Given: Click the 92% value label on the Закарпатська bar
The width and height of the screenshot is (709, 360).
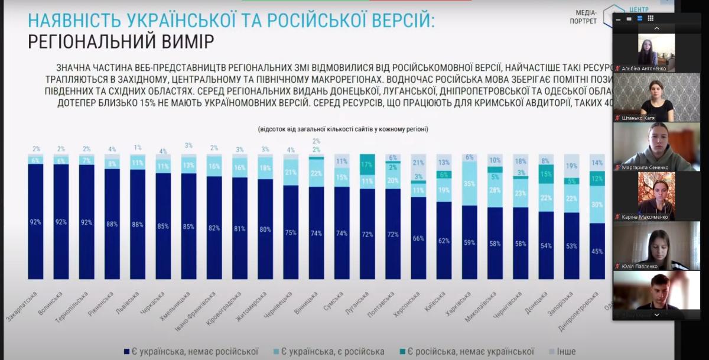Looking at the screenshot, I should click(x=36, y=222).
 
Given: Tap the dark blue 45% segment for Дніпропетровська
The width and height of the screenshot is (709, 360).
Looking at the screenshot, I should click(x=597, y=251).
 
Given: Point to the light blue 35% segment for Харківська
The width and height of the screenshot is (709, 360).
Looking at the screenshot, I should click(x=469, y=184).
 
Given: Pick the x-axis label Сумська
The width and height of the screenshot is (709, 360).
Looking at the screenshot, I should click(x=333, y=303).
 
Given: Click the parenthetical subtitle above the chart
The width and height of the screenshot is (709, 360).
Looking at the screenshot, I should click(x=343, y=129).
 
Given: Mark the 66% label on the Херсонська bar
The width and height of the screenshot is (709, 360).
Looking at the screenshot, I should click(x=418, y=238).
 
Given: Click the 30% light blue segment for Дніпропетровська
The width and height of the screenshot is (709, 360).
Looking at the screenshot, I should click(x=597, y=205).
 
